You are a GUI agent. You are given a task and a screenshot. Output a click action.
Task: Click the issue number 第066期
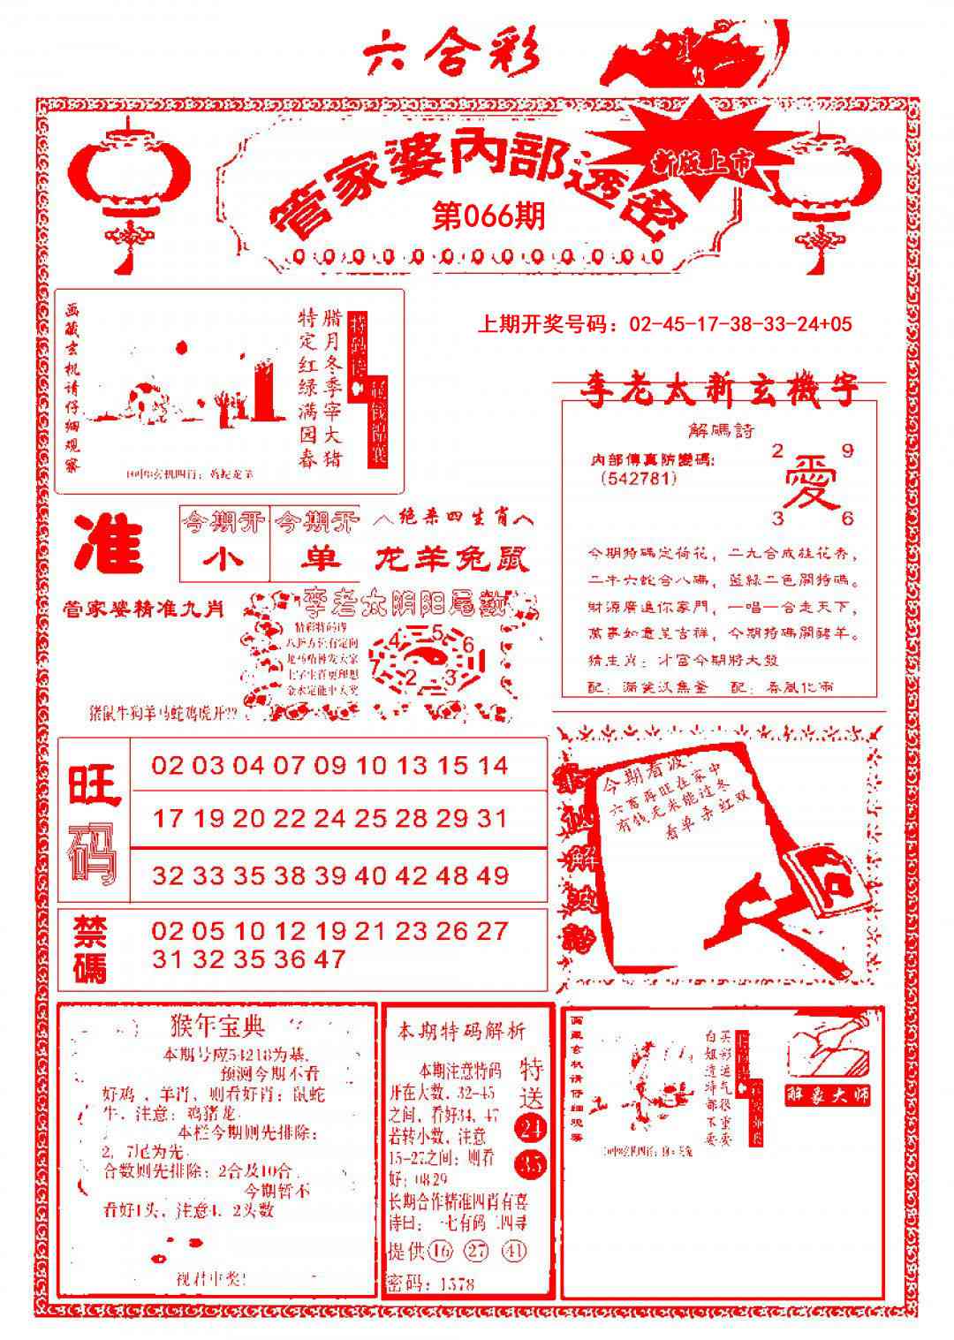click(488, 216)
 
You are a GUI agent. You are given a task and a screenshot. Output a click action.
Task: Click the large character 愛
click(811, 482)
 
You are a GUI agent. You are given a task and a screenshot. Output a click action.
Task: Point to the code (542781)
click(638, 479)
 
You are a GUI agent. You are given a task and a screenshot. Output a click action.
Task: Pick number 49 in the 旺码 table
click(494, 875)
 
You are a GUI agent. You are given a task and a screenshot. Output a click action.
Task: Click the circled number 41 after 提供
click(515, 1252)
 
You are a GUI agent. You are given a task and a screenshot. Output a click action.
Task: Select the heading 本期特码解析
click(461, 1031)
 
